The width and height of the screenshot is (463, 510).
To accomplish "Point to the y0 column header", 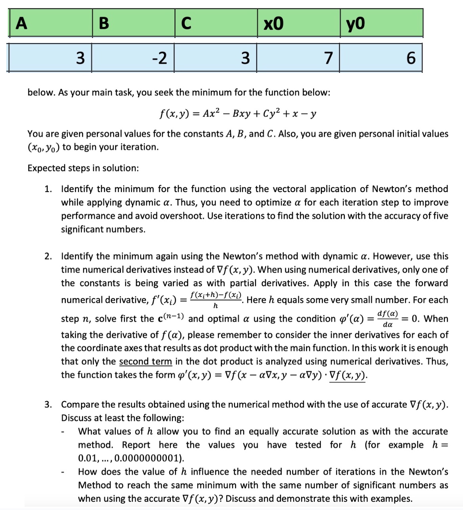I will [355, 24].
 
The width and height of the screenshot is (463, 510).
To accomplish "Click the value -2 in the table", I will [159, 58].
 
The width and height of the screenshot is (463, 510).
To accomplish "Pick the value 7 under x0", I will [328, 58].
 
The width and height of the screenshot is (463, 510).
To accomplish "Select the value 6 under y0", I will [411, 58].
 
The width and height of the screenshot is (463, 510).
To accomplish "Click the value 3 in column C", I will [245, 58].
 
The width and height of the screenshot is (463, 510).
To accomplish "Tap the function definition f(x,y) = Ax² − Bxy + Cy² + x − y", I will [237, 114].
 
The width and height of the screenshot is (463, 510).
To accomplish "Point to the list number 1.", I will [48, 189].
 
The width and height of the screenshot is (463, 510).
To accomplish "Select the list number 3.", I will [48, 404].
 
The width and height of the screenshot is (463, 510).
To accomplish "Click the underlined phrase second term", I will [145, 361].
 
